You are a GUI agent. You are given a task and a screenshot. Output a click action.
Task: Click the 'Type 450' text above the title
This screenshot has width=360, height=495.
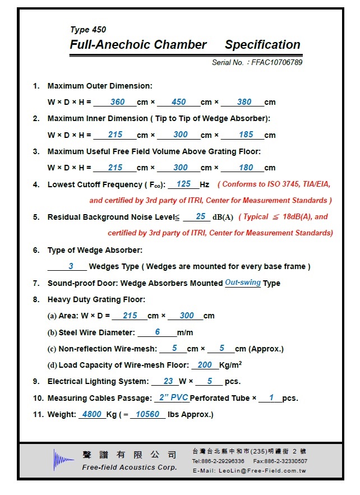88,30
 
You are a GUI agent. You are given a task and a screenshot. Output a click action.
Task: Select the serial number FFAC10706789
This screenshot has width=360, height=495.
278,62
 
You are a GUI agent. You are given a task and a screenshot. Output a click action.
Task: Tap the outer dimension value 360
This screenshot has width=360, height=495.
118,102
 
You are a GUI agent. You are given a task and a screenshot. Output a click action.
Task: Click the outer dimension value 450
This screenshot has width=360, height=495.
179,102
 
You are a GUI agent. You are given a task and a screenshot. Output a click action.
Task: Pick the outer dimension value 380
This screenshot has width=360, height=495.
244,102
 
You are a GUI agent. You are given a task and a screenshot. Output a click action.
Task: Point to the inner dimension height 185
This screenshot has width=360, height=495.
246,135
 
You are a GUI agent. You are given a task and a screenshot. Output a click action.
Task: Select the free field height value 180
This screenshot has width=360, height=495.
246,168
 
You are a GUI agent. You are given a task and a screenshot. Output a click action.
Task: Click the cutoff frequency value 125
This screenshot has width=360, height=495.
183,184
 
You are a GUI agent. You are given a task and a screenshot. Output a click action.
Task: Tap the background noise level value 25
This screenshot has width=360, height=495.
201,216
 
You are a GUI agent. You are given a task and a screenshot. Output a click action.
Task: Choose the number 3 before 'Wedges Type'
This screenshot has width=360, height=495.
71,266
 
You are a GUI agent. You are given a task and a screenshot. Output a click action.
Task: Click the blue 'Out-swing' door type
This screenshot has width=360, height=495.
243,283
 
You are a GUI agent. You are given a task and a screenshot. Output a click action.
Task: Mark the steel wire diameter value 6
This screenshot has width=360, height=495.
158,332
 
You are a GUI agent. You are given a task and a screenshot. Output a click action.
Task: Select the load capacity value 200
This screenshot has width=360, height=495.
205,365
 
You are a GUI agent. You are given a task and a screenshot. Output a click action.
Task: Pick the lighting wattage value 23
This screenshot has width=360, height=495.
168,381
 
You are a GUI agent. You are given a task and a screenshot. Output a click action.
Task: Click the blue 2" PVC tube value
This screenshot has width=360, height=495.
173,397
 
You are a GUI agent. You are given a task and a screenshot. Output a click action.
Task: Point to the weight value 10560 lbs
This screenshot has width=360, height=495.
148,414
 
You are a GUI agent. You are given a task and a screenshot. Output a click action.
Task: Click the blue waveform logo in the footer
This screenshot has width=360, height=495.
63,460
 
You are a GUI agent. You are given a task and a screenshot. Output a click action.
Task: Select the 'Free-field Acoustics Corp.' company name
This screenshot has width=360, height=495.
130,468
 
